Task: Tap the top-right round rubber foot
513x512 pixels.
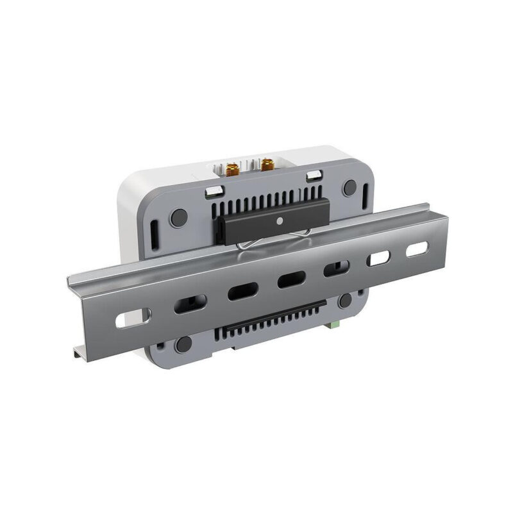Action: [x=349, y=188]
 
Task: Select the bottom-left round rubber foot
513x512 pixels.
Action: [x=185, y=343]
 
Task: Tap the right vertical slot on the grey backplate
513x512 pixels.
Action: [x=366, y=194]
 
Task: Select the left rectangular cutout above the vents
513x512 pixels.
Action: [x=214, y=190]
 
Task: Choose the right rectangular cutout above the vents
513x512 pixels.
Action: [x=313, y=176]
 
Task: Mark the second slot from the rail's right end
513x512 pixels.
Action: [x=379, y=258]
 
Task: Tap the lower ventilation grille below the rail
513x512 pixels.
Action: [x=269, y=320]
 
